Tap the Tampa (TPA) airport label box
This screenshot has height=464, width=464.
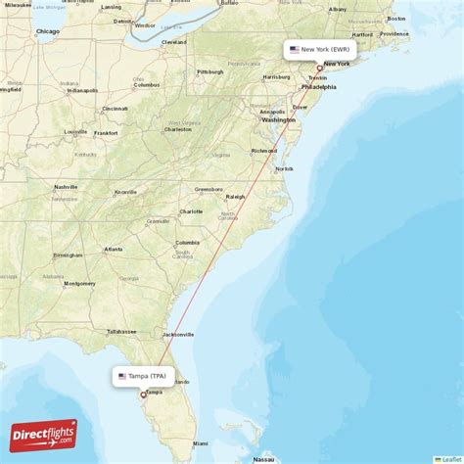tap(143, 376)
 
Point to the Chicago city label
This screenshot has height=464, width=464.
tap(47, 31)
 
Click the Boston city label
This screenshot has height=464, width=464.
tap(396, 19)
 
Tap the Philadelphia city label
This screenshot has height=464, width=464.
tap(318, 87)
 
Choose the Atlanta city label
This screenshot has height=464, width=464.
tap(114, 249)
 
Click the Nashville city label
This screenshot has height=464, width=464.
tap(66, 187)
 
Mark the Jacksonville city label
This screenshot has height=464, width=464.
tap(177, 334)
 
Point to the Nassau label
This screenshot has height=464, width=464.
tap(262, 459)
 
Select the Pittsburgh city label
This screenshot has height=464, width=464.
tap(209, 71)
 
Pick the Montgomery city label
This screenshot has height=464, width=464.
tap(79, 284)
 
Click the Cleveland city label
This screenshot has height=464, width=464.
tap(174, 42)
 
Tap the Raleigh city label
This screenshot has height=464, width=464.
tap(235, 197)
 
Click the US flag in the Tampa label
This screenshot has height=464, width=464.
tap(121, 376)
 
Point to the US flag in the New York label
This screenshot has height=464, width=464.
tap(294, 48)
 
